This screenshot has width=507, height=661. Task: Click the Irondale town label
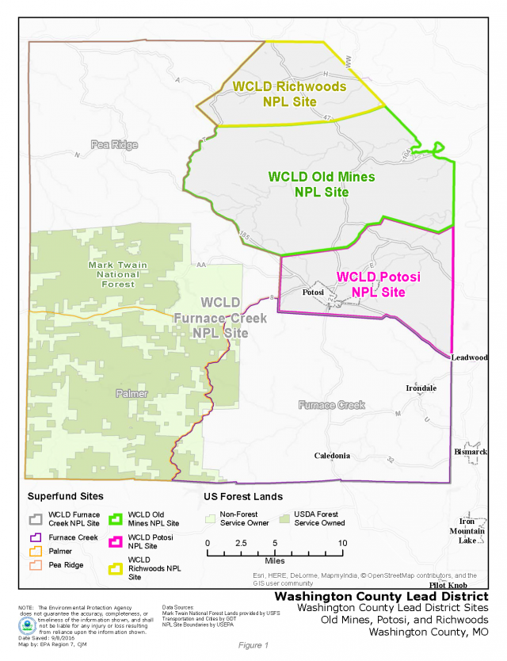[x=421, y=388]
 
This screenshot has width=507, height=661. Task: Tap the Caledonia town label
[x=332, y=456]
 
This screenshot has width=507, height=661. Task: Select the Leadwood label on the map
[x=470, y=357]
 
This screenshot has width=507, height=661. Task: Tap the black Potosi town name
[x=315, y=292]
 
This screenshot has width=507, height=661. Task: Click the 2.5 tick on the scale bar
[x=241, y=543]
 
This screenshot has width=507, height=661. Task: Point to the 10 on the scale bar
[x=342, y=543]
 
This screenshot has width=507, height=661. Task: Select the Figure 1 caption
[x=253, y=645]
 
